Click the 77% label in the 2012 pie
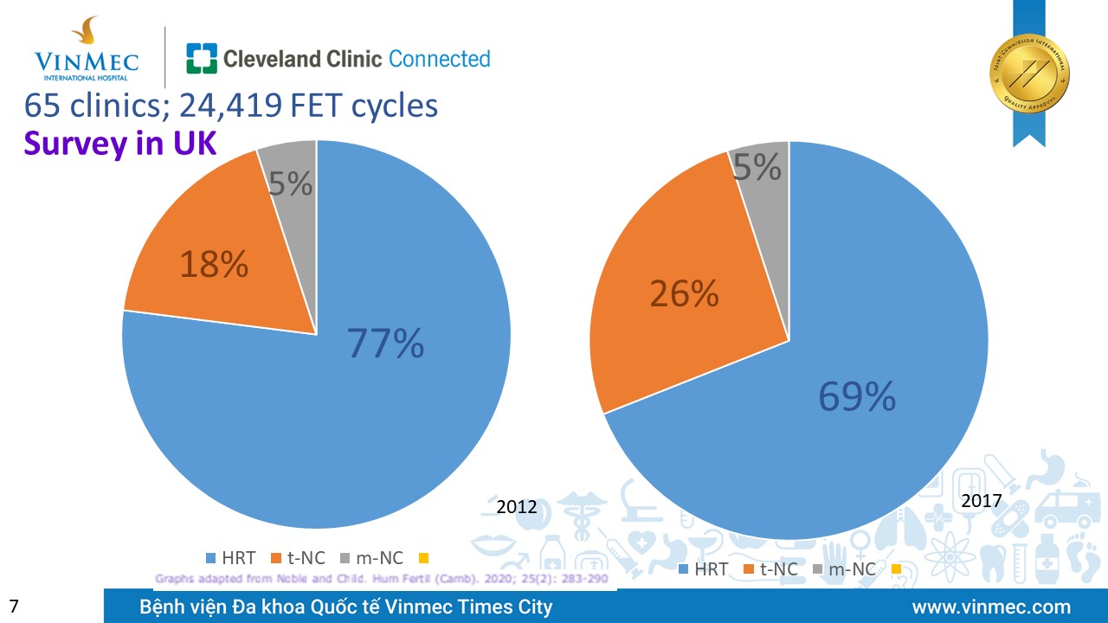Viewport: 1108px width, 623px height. pos(385,344)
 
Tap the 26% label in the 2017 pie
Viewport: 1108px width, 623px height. pos(684,294)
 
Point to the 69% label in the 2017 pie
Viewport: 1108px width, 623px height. pos(857,397)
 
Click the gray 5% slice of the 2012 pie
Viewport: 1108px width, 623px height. pos(290,182)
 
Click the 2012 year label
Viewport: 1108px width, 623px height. pos(517,507)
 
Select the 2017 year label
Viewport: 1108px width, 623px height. pos(981,501)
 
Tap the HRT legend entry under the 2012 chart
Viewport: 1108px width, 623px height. pos(231,558)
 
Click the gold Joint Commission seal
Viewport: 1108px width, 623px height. pos(1029,73)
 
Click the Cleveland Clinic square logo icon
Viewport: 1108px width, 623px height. pos(202,59)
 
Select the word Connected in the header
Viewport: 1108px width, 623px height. pos(440,59)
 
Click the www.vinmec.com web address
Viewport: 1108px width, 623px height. pos(991,607)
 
